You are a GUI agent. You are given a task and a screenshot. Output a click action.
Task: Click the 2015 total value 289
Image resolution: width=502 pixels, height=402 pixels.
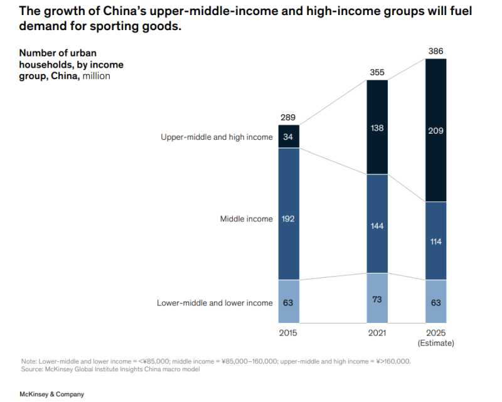[288, 118]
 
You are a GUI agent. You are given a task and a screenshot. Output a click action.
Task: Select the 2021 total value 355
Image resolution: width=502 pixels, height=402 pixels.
[377, 73]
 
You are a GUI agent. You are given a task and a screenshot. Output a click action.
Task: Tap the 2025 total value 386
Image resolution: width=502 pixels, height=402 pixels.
[435, 51]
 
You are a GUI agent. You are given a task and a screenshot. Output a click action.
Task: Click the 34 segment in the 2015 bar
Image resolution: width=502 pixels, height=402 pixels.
[288, 137]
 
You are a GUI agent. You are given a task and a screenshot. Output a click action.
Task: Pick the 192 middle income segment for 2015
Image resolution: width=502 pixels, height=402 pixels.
[288, 219]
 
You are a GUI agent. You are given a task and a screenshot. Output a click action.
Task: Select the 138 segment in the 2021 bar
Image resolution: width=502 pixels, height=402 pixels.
[377, 127]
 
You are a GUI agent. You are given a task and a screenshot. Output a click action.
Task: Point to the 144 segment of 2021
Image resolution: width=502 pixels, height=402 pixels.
[377, 224]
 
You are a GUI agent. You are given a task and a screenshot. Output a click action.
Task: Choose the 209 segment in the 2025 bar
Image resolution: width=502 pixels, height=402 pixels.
[435, 130]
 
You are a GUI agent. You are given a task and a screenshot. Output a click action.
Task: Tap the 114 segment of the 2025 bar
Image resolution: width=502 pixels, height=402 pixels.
[435, 241]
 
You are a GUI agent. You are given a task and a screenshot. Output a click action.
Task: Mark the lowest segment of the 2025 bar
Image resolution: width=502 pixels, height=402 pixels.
[435, 302]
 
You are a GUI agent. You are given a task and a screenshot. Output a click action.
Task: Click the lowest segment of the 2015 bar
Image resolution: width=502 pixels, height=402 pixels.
[288, 302]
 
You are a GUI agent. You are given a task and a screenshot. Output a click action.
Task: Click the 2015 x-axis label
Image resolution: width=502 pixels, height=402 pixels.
[288, 333]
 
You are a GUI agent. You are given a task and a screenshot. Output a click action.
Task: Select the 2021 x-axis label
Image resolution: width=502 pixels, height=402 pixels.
[377, 333]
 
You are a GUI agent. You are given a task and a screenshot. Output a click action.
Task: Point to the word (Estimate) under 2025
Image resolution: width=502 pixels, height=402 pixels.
[435, 343]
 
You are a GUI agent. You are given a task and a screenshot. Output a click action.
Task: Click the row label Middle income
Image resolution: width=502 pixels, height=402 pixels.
[246, 219]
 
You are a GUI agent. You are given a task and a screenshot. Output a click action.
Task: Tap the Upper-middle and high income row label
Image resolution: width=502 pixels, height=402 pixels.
[216, 137]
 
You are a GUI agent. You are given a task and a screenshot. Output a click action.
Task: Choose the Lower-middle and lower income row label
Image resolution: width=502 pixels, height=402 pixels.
[215, 303]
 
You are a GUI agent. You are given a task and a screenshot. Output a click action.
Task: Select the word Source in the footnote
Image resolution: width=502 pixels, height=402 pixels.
[31, 369]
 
